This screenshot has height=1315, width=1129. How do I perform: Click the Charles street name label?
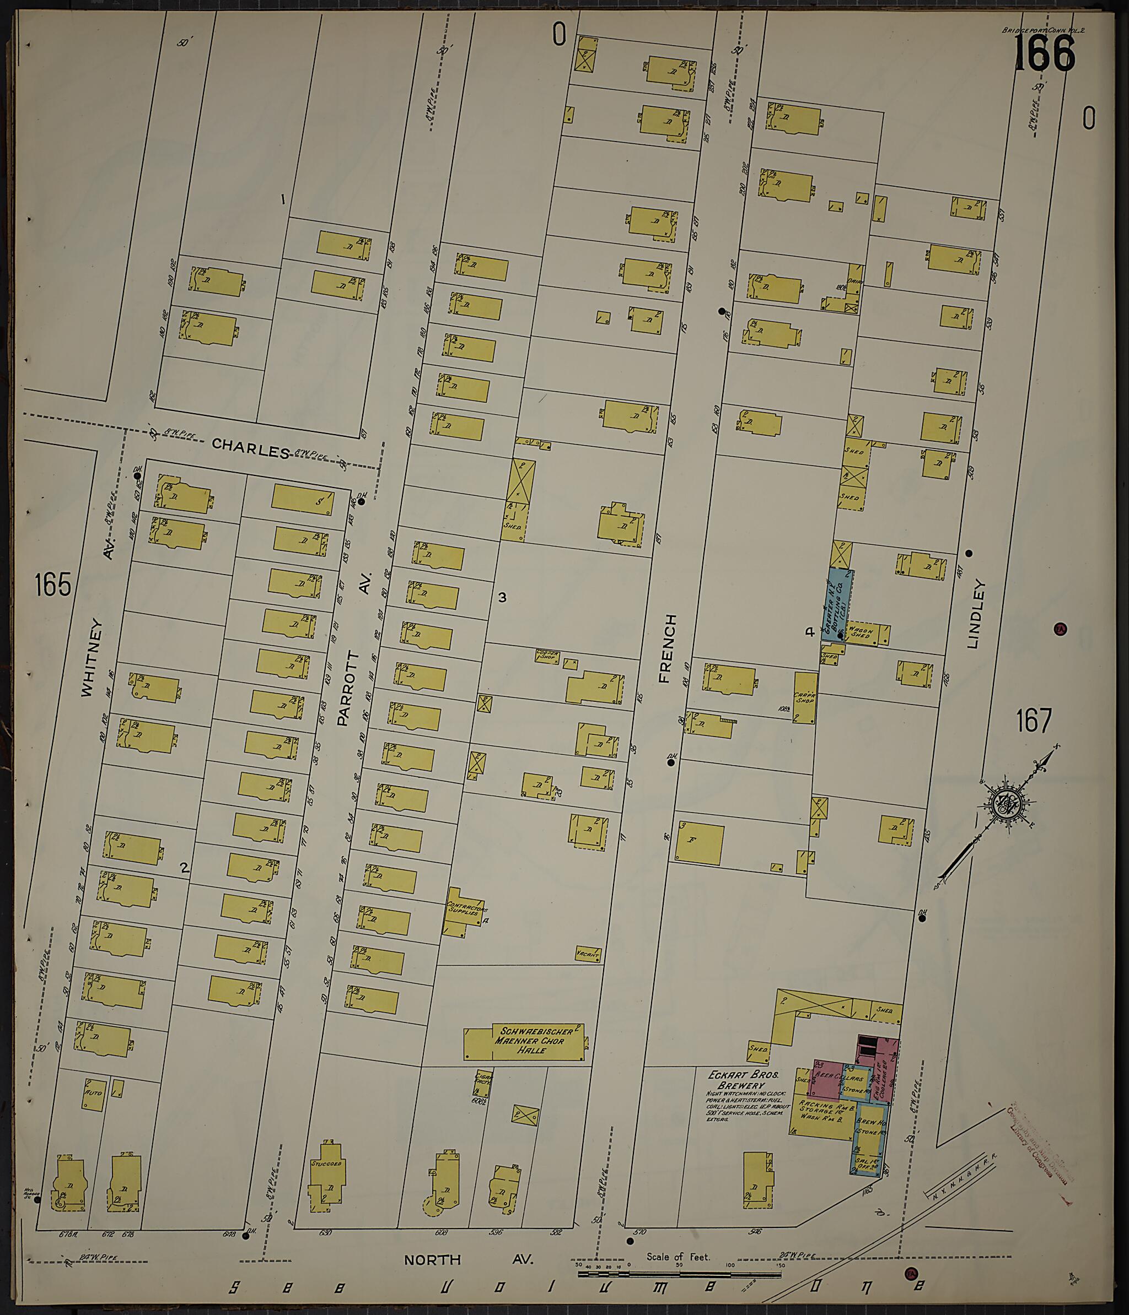tap(250, 450)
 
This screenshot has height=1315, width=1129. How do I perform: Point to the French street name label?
tap(666, 648)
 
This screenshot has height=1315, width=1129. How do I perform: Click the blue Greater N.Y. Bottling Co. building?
tap(837, 602)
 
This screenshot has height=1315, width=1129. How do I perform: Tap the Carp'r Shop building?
tap(804, 697)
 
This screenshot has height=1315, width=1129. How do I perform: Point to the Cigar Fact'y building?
tap(483, 1084)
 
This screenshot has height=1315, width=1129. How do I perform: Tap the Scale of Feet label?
tap(678, 1256)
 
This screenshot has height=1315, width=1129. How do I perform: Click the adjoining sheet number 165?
tap(53, 585)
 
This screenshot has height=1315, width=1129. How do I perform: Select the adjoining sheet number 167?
tap(1034, 721)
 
